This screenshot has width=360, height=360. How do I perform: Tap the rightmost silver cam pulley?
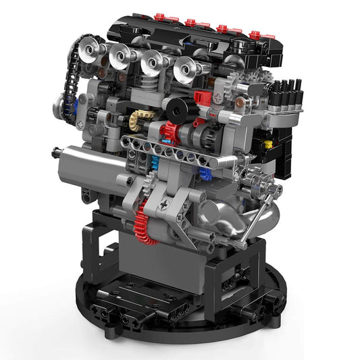186,70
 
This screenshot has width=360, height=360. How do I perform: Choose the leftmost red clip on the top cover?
159,16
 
